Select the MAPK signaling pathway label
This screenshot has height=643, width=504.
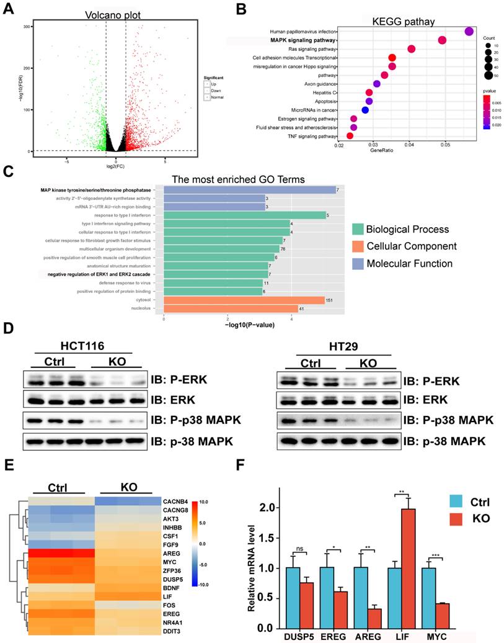click(x=303, y=40)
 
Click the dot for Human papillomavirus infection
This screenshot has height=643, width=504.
click(x=469, y=32)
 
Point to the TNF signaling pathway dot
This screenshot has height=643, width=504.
click(x=350, y=136)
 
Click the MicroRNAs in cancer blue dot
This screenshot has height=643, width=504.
click(x=365, y=110)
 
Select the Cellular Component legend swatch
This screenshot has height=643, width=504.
click(x=360, y=246)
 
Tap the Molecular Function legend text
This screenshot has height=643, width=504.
click(x=410, y=264)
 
